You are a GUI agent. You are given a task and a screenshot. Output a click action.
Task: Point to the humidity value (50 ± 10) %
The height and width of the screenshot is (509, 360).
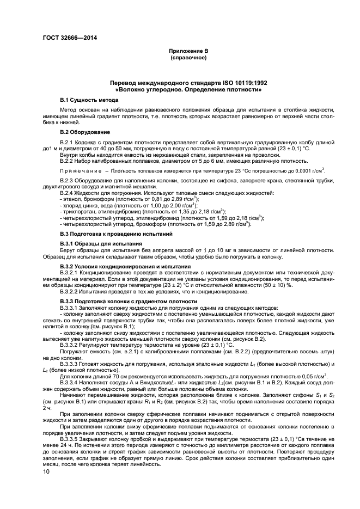point(310,285)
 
